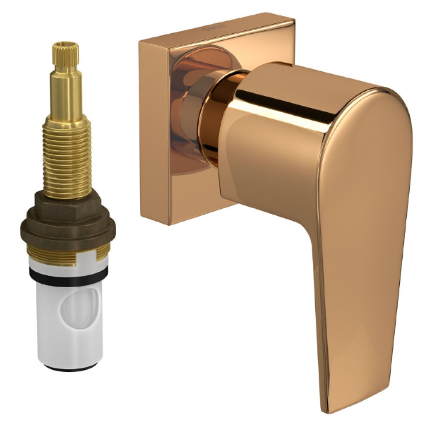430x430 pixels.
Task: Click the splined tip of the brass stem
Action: click(66, 54)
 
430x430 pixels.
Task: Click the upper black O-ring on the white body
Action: click(69, 274)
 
